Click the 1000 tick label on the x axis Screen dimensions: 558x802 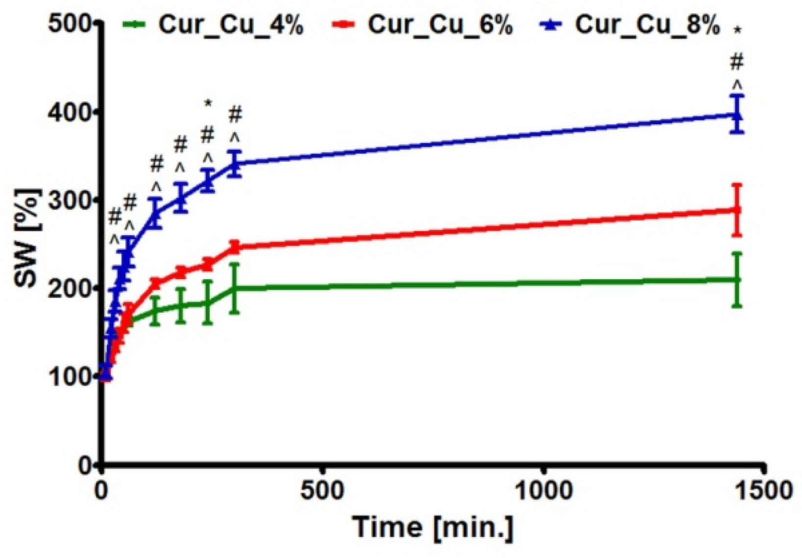(544, 491)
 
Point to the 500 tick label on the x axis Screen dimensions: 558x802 (322, 491)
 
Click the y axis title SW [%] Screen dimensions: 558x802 (27, 238)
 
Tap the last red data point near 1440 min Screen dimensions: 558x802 (736, 210)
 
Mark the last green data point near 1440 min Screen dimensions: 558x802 (736, 280)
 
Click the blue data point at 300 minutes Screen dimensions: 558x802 (235, 164)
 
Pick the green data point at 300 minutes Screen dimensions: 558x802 (235, 288)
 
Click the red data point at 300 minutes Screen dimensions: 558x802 (235, 247)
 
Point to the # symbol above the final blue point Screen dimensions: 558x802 (736, 62)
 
